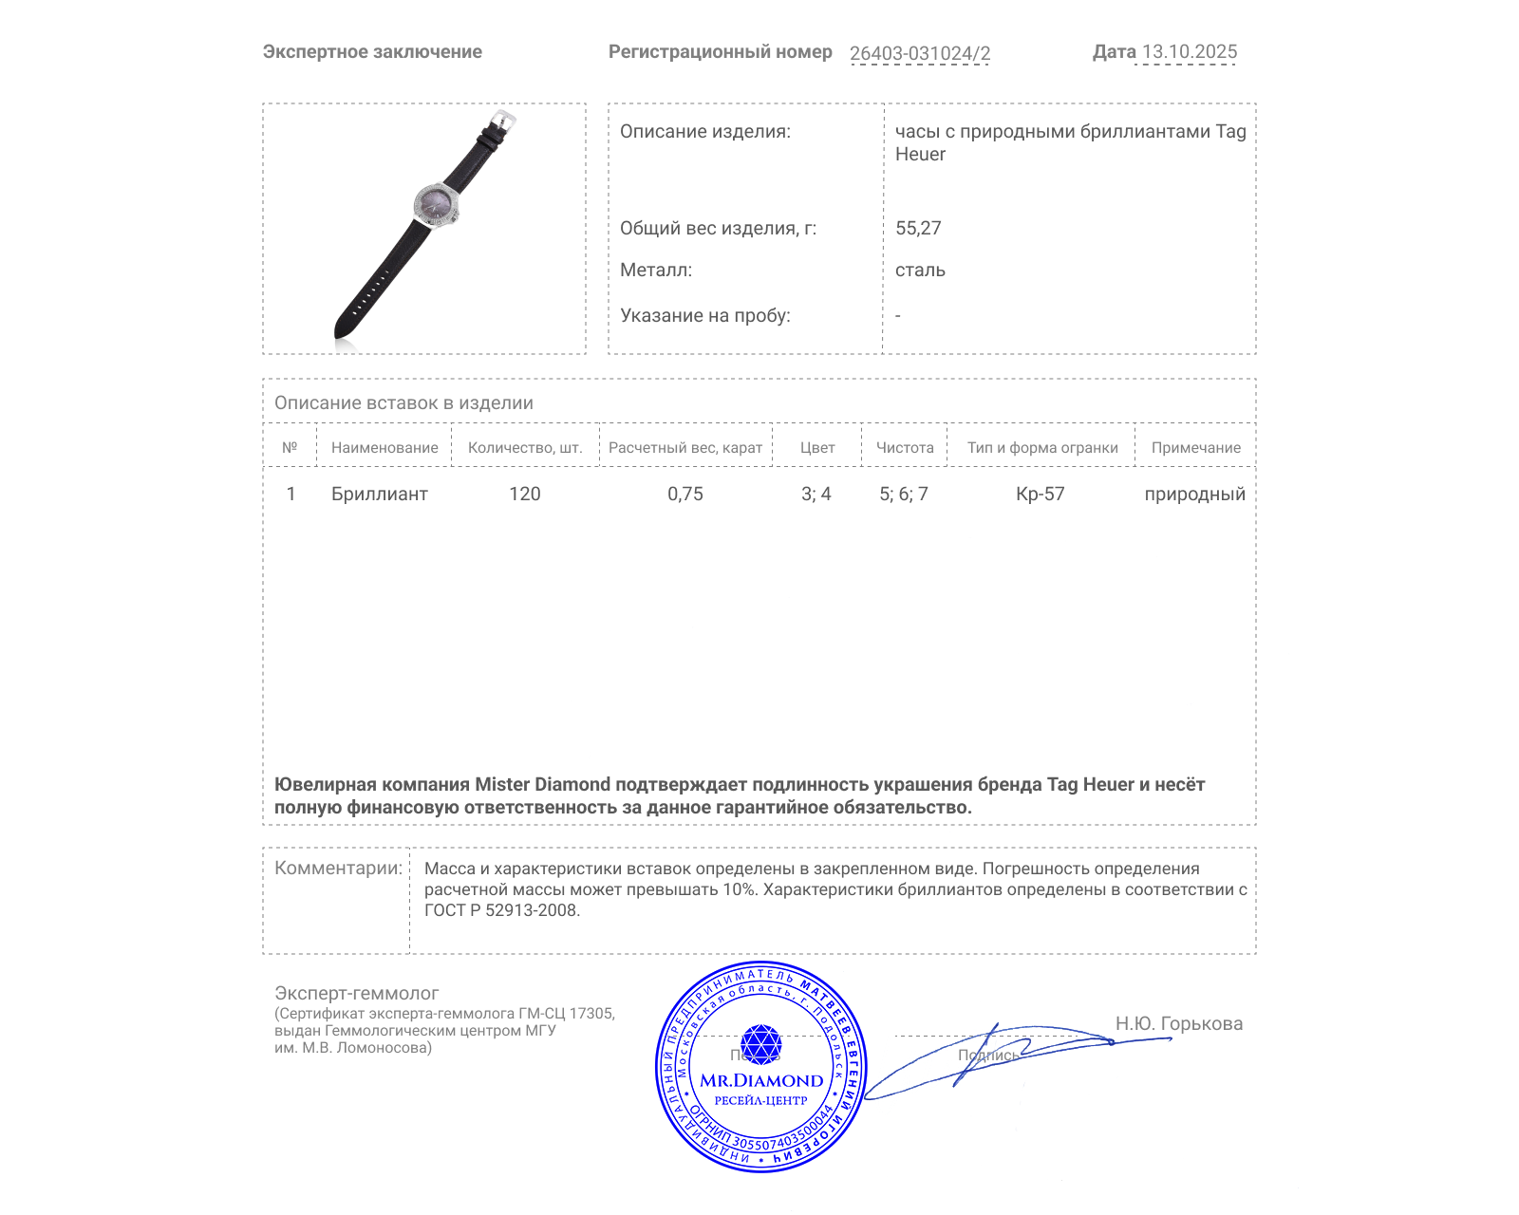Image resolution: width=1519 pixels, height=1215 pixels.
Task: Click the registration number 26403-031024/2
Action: (x=919, y=53)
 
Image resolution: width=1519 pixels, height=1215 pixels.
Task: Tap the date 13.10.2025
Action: (x=1189, y=52)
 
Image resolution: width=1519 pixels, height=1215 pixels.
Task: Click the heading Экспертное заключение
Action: (x=372, y=52)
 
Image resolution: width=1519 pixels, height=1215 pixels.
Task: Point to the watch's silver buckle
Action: (x=502, y=121)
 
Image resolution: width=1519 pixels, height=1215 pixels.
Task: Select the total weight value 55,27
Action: (x=918, y=228)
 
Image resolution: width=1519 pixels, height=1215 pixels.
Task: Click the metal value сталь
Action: (x=920, y=271)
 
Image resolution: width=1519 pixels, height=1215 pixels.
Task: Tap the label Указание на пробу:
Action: (x=704, y=315)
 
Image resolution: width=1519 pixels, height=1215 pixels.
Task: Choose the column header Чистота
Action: (x=904, y=448)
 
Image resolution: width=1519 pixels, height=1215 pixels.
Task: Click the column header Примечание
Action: (x=1195, y=448)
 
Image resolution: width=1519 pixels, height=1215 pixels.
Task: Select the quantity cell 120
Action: (x=524, y=494)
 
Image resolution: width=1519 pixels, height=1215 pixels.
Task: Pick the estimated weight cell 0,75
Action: (x=684, y=494)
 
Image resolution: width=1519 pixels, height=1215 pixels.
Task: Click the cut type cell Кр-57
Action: (x=1040, y=494)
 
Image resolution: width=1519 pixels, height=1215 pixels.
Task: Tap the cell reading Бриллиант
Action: (x=379, y=494)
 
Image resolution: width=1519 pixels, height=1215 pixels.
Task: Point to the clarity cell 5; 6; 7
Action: (x=903, y=494)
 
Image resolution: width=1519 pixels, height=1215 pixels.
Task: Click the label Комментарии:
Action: (x=338, y=868)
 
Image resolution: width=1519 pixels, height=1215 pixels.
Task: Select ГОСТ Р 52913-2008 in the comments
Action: (x=501, y=910)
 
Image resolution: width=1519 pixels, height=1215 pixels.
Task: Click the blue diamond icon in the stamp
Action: (x=760, y=1043)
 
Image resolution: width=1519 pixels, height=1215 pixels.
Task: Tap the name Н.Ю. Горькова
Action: (x=1178, y=1023)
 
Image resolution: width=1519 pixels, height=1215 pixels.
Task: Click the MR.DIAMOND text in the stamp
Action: (x=761, y=1080)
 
